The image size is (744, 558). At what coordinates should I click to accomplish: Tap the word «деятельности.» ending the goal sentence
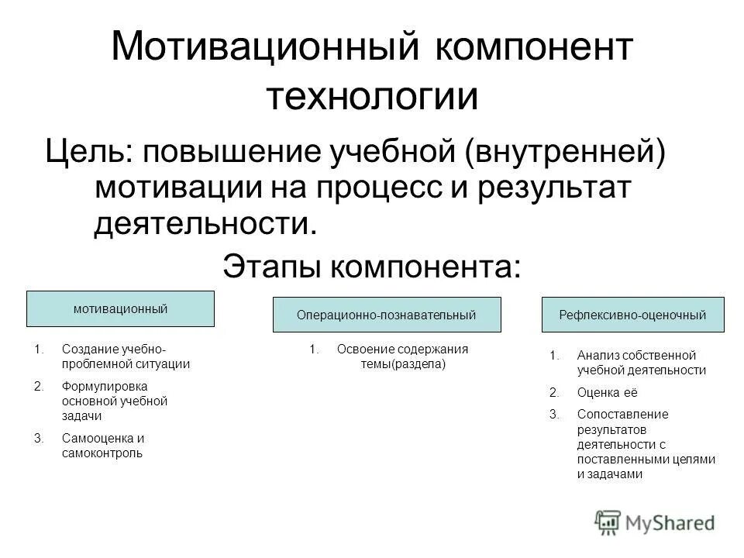click(205, 223)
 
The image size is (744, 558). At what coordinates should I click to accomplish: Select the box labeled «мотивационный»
click(121, 308)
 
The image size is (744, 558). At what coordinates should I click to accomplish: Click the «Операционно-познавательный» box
click(386, 315)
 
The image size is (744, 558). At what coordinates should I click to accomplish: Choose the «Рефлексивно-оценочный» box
click(632, 315)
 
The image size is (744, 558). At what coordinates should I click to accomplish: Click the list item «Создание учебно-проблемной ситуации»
click(124, 356)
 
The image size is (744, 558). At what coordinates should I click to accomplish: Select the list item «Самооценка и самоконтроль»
click(102, 446)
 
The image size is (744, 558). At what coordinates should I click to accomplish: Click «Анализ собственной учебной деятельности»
click(640, 363)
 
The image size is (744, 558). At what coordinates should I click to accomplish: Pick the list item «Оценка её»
click(598, 392)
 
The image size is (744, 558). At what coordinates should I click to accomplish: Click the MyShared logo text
click(672, 523)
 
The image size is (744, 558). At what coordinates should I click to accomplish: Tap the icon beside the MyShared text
click(608, 522)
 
